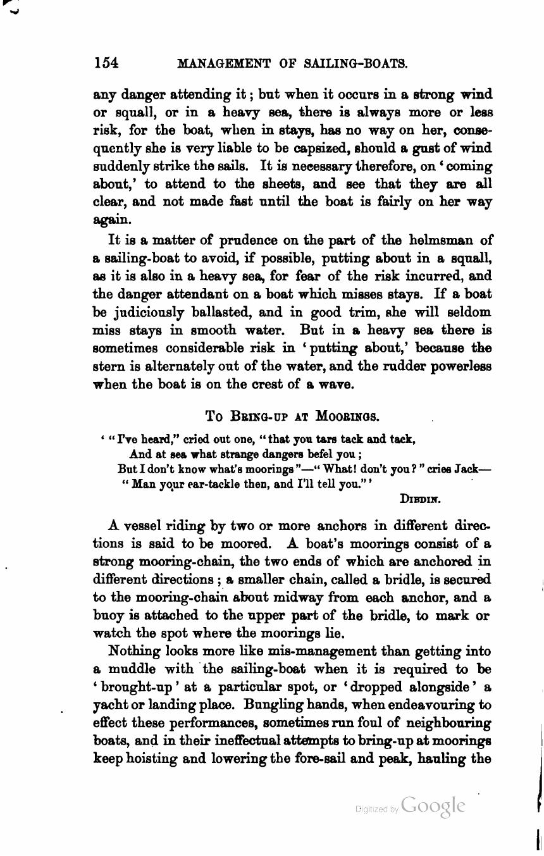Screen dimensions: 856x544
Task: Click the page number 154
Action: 106,63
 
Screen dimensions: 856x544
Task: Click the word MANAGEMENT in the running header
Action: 224,63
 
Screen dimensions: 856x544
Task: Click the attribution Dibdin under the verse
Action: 420,499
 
